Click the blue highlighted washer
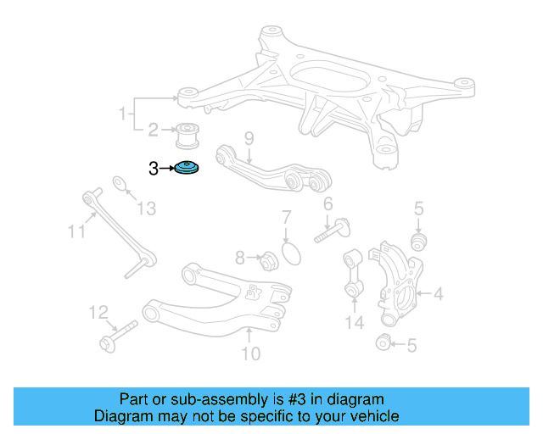tap(188, 170)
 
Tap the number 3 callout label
tap(154, 169)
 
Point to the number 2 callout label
tap(154, 131)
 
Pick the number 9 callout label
tap(249, 137)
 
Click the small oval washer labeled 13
tap(121, 184)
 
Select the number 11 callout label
tap(77, 230)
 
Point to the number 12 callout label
tap(99, 314)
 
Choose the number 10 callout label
tap(250, 353)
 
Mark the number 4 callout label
tap(438, 295)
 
